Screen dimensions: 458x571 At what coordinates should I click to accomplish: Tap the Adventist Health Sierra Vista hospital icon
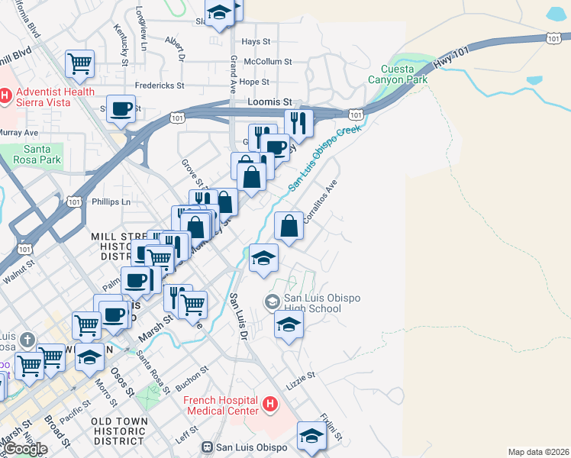[x=5, y=95]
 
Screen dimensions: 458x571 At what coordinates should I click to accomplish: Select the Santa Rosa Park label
[x=31, y=155]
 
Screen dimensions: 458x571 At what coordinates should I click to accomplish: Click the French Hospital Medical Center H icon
[x=269, y=404]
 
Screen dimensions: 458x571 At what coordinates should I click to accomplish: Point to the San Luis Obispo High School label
[x=322, y=303]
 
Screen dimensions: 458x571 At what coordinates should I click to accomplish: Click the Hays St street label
[x=256, y=42]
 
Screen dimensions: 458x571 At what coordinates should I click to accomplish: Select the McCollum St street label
[x=268, y=62]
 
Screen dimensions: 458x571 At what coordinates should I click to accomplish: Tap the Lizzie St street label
[x=301, y=376]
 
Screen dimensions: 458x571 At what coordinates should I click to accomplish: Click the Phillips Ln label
[x=111, y=202]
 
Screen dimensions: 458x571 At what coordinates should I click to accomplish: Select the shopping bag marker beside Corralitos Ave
[x=289, y=226]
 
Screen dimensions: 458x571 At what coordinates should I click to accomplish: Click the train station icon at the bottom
[x=206, y=447]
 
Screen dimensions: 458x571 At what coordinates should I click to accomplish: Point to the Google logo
[x=25, y=449]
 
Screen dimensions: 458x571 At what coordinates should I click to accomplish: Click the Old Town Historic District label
[x=118, y=431]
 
